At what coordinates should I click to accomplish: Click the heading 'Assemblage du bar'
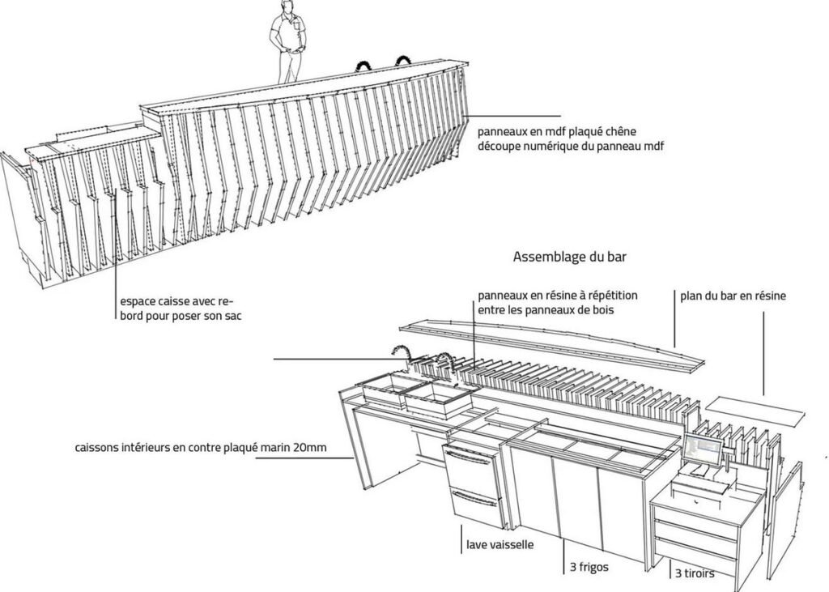[570, 258]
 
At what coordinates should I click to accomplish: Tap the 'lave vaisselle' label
[499, 545]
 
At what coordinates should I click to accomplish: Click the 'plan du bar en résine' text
[733, 296]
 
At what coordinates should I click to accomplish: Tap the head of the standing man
[287, 7]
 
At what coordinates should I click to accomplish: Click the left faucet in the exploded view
[400, 353]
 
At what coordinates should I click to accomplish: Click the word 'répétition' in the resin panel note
[611, 296]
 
